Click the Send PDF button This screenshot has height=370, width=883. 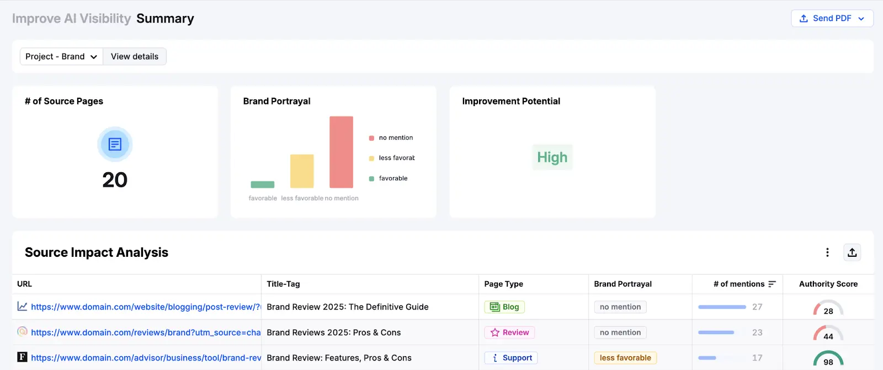tap(832, 18)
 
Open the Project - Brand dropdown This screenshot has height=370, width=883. tap(61, 56)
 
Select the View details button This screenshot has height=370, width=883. tap(135, 56)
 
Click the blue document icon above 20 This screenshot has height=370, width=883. tap(115, 144)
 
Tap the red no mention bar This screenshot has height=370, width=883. tap(341, 152)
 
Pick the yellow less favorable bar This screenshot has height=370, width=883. tap(302, 171)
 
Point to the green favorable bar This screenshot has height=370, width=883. tap(262, 184)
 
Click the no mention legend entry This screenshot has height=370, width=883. tap(395, 138)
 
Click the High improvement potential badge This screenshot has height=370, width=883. tap(552, 157)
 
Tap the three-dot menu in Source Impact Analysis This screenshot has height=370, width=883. tap(827, 252)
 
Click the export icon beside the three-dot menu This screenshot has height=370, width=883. tap(852, 252)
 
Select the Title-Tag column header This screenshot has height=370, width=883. tap(283, 284)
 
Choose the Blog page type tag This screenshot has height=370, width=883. tap(504, 307)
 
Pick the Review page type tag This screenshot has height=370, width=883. tap(509, 332)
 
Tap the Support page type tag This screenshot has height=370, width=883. tap(511, 358)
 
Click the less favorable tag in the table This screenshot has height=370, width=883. tap(625, 358)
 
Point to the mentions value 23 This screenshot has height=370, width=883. tap(757, 332)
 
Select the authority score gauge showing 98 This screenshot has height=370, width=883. tap(828, 359)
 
